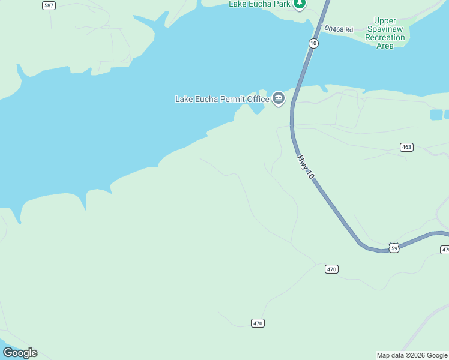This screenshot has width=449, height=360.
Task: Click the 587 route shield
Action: (x=49, y=5)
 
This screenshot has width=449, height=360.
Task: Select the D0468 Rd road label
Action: (x=339, y=28)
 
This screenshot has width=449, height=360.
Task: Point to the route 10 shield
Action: (x=313, y=43)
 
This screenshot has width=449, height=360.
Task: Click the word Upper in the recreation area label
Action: (x=385, y=21)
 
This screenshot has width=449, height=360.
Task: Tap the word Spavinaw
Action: (x=385, y=29)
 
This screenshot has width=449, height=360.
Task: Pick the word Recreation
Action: (x=385, y=38)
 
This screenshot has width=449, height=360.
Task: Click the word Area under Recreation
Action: (x=385, y=46)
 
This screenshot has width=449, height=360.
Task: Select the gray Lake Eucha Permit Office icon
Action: (x=279, y=98)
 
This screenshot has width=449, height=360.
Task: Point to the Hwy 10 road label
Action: (x=305, y=167)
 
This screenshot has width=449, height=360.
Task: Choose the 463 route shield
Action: (x=407, y=147)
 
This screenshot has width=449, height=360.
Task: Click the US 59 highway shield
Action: (x=394, y=248)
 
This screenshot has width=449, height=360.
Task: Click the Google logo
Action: (x=20, y=353)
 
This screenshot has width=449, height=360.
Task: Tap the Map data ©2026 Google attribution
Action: (x=412, y=355)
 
